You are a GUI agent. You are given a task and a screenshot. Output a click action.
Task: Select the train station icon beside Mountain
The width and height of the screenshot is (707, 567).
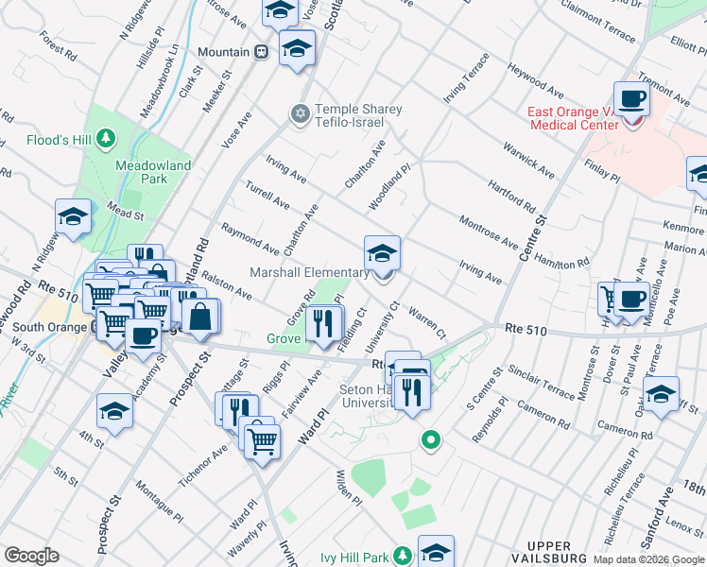coord(262,52)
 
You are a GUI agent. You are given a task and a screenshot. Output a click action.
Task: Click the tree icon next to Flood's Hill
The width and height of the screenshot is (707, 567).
coord(106,139)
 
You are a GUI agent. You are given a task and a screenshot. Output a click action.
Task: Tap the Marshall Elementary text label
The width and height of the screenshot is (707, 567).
coord(308,273)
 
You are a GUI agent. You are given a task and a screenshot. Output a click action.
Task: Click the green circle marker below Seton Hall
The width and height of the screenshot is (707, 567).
coord(431,439)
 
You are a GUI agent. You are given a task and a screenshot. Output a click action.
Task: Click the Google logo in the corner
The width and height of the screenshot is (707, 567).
coord(31,556)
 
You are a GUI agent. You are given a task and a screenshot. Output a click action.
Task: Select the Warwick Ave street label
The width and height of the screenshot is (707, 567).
coord(526,160)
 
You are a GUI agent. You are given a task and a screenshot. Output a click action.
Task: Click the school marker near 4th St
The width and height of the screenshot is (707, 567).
coord(114,412)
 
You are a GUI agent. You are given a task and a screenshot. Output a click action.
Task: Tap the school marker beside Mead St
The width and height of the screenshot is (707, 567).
coord(73,217)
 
